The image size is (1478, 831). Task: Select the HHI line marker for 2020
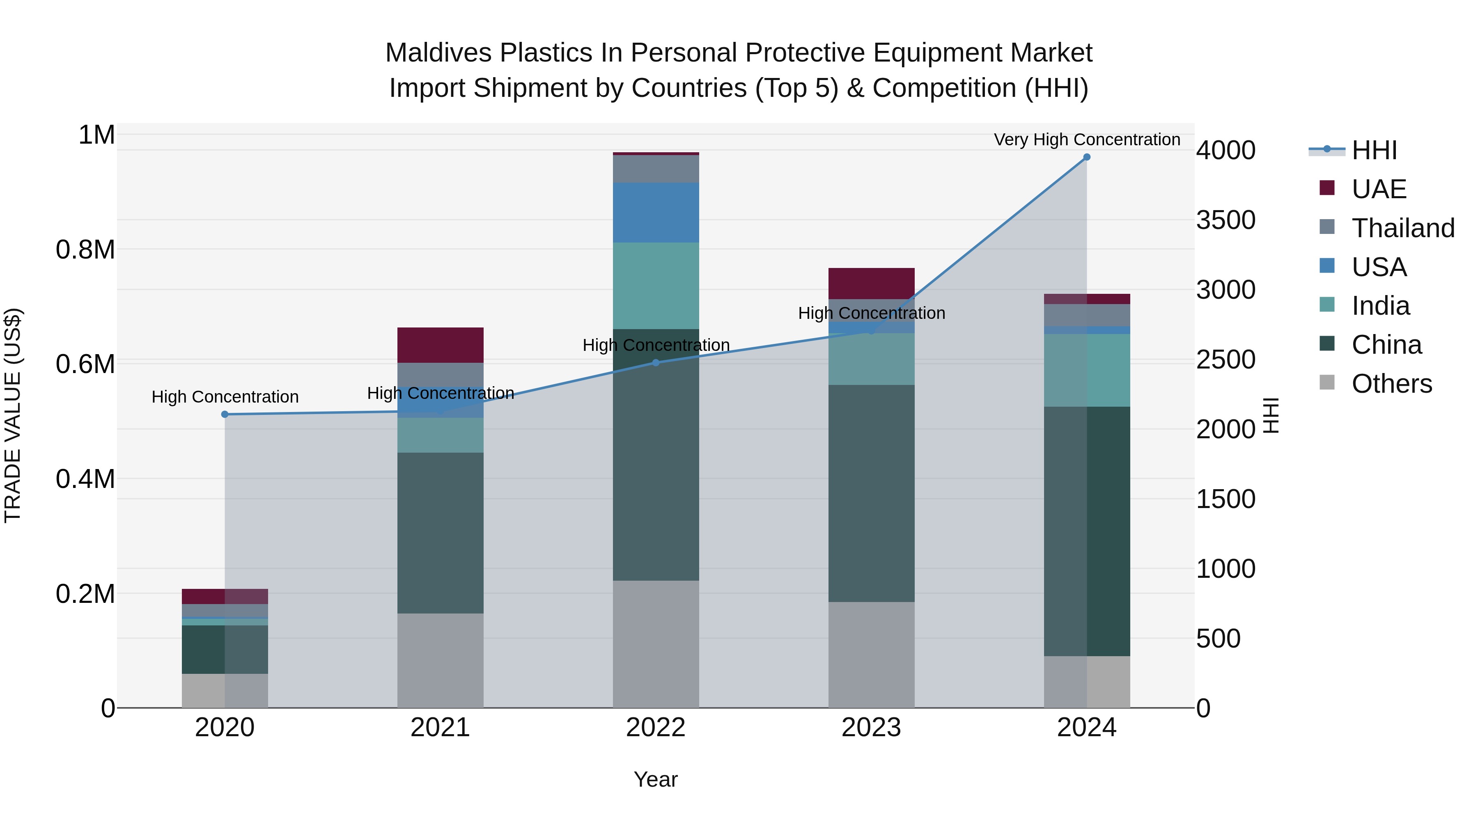[x=225, y=414]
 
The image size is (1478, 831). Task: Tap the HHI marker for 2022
[x=656, y=362]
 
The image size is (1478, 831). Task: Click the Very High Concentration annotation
[x=1087, y=140]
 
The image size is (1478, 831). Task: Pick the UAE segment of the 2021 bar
[x=440, y=345]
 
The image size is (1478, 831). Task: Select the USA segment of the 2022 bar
[x=656, y=212]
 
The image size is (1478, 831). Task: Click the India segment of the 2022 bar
[x=656, y=286]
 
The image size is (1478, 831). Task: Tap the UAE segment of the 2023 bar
[x=871, y=283]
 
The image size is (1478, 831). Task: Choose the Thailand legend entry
[x=1402, y=228]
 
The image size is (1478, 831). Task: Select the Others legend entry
[x=1391, y=384]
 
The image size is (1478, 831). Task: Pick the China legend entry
[x=1386, y=345]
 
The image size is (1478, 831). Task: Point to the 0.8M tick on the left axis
[x=85, y=250]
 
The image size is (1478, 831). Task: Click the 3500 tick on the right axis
[x=1226, y=220]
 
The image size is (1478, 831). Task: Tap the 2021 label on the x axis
[x=440, y=728]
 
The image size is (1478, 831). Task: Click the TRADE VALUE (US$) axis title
[x=13, y=415]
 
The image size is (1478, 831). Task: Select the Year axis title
[x=656, y=779]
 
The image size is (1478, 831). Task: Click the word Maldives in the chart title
[x=438, y=53]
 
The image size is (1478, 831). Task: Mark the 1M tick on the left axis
[x=96, y=135]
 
